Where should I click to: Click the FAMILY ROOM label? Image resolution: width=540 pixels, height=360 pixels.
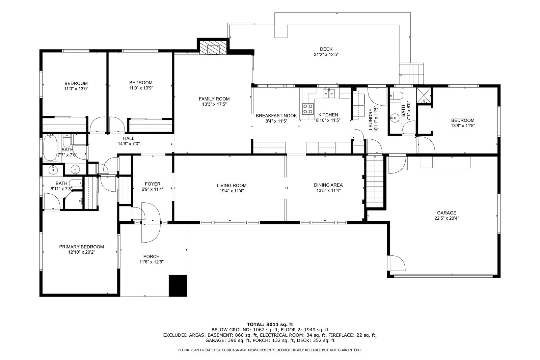[214, 99]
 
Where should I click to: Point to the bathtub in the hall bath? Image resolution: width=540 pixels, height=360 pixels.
[50, 148]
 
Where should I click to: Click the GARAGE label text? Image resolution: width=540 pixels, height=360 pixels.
[447, 213]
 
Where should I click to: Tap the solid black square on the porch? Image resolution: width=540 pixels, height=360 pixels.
[178, 285]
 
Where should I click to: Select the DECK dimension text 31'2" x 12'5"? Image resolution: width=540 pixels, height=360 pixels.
[326, 55]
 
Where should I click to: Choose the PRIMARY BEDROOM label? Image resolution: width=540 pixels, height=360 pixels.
[81, 247]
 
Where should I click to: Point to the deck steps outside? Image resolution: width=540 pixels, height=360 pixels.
[411, 74]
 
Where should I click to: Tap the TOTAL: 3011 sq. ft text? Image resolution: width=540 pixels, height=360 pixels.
[270, 324]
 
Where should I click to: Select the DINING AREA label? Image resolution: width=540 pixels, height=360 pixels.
[328, 185]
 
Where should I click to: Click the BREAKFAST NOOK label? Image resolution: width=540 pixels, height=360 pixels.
[276, 116]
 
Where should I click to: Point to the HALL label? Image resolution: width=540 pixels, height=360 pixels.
[129, 138]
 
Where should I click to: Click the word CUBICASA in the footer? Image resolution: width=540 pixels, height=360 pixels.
[227, 350]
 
